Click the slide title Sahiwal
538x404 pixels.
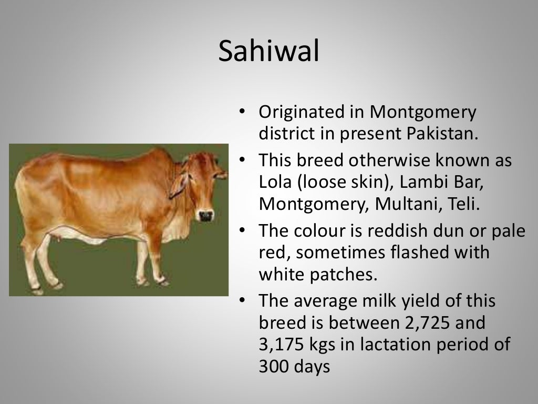click(x=268, y=52)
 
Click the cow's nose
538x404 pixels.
click(x=206, y=216)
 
